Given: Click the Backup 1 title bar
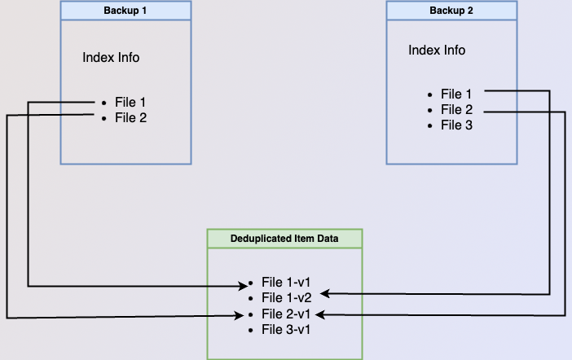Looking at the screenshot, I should click(x=125, y=11).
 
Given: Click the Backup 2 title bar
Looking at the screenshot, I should click(x=451, y=11).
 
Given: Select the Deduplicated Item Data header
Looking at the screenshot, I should click(x=284, y=238).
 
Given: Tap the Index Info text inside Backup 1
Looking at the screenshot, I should click(x=111, y=58).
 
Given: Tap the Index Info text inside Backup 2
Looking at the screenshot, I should click(x=437, y=50).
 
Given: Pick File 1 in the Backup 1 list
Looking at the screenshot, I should click(x=130, y=103).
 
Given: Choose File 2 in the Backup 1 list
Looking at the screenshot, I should click(x=130, y=118).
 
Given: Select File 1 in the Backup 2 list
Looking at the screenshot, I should click(x=456, y=94).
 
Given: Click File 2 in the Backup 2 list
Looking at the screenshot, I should click(x=456, y=110).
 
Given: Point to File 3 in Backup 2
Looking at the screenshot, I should click(x=456, y=125).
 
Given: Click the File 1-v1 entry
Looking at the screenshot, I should click(x=286, y=283).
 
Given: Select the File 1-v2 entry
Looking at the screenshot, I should click(x=286, y=298).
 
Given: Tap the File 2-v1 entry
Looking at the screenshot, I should click(x=286, y=314).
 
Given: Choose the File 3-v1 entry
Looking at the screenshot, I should click(x=286, y=330).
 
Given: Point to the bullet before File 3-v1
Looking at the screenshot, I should click(x=250, y=331).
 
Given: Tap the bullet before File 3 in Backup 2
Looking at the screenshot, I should click(x=429, y=126).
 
